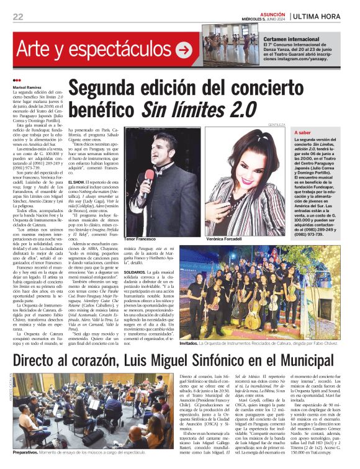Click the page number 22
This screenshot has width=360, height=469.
pyautogui.click(x=18, y=16)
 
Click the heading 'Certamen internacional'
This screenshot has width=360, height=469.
pyautogui.click(x=273, y=39)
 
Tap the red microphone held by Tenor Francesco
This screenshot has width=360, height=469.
pyautogui.click(x=149, y=176)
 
